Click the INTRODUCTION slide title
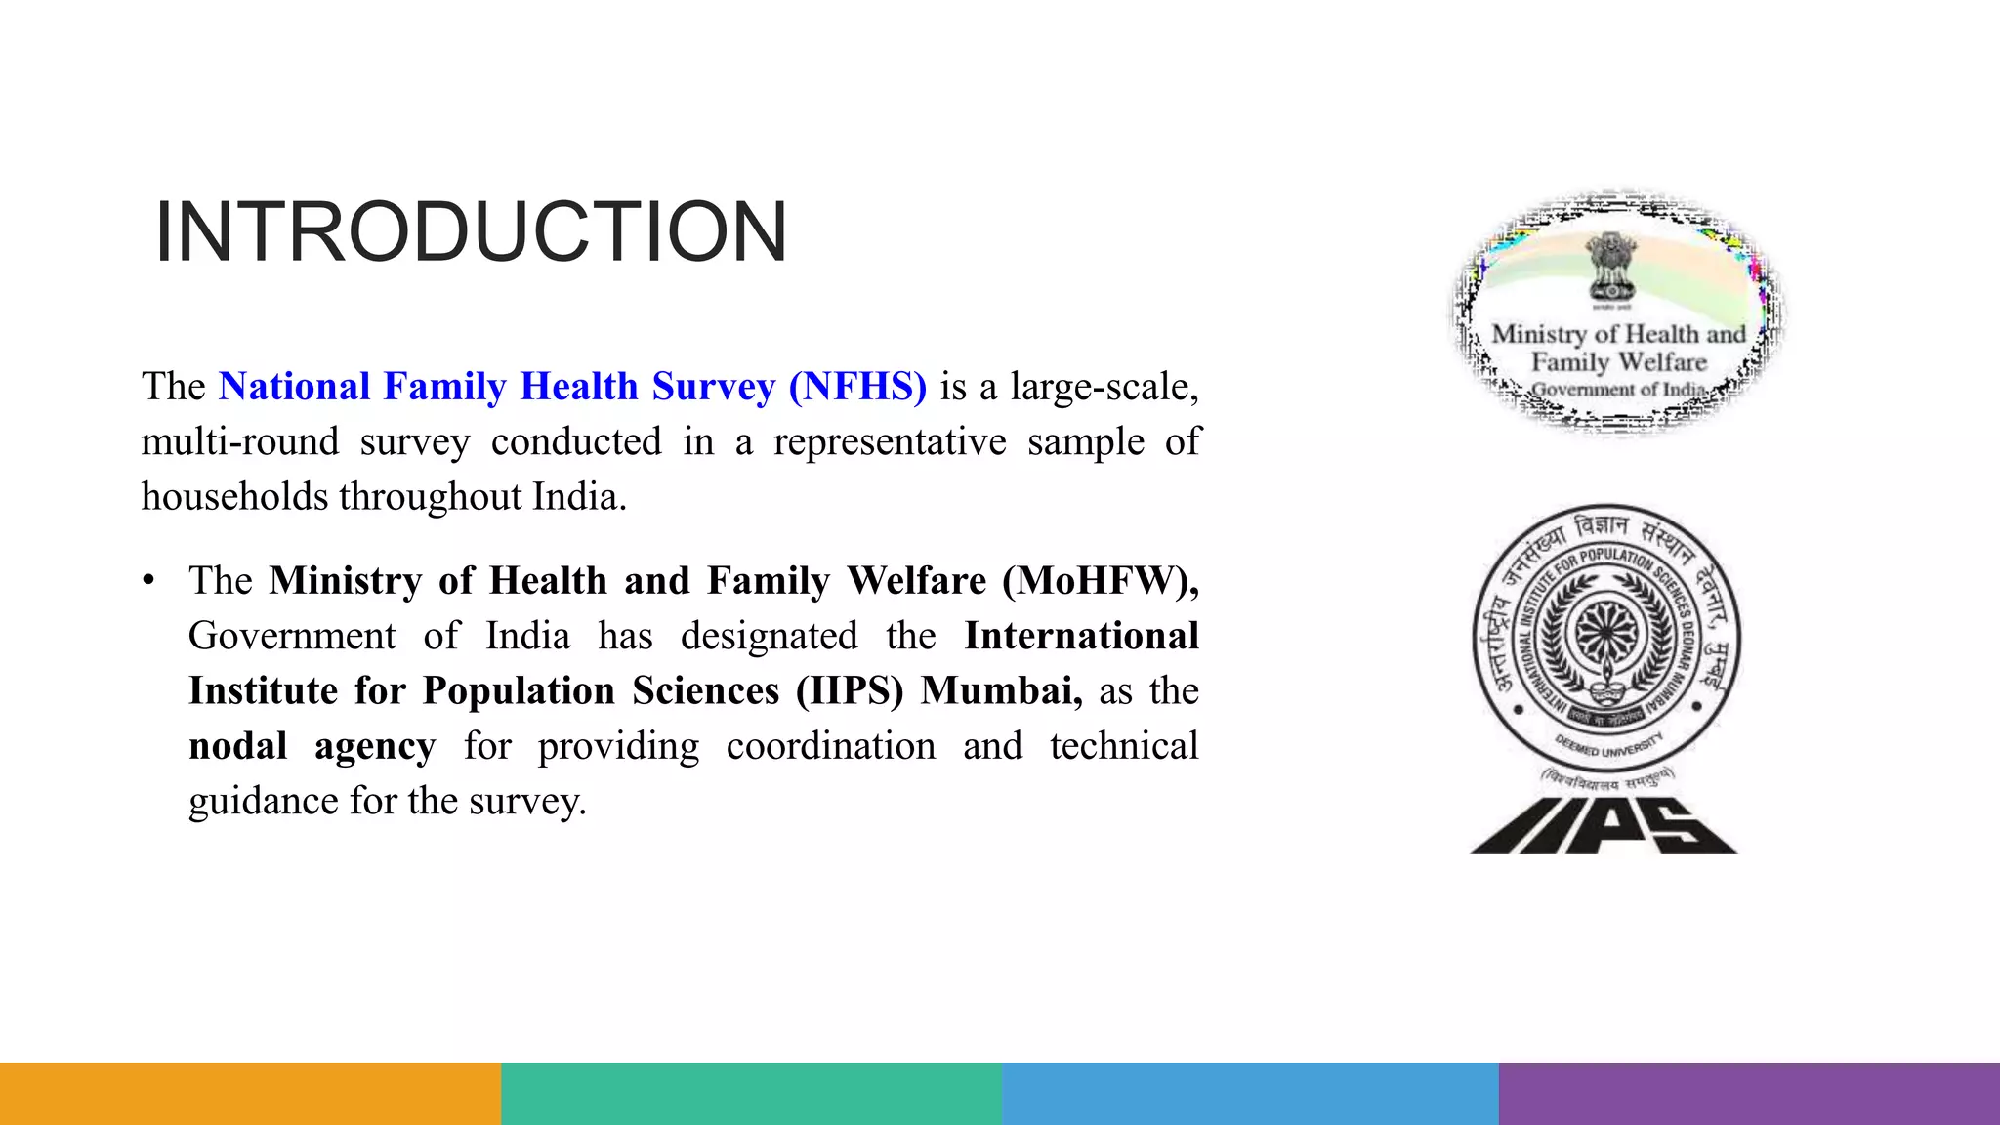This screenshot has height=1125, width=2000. point(471,232)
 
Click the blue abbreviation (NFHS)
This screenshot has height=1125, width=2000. point(857,387)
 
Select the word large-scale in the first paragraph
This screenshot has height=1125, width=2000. point(1104,387)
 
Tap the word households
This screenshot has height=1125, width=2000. point(234,497)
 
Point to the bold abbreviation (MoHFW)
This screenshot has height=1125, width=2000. point(1101,581)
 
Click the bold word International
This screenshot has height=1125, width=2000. point(1081,637)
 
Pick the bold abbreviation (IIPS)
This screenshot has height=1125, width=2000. point(850,691)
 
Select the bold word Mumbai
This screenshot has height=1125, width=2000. point(1001,691)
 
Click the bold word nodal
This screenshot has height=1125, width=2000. point(237,746)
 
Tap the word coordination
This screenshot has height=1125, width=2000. point(830,746)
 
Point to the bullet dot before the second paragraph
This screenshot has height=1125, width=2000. point(148,581)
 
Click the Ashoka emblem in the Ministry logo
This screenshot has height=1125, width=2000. point(1611,267)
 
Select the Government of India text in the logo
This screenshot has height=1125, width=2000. point(1617,390)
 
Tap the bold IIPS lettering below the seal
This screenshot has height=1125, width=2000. point(1604,826)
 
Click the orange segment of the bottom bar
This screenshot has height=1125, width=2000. point(250,1094)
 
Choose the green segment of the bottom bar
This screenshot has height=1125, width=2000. point(751,1094)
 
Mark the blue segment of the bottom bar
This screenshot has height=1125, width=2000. point(1250,1094)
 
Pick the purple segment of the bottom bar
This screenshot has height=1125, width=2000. point(1749,1094)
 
